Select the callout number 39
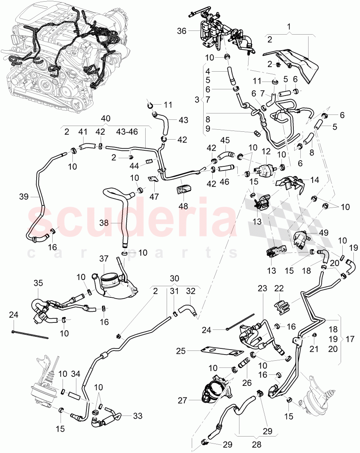point(24,197)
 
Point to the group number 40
point(106,118)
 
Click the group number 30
point(175,278)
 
